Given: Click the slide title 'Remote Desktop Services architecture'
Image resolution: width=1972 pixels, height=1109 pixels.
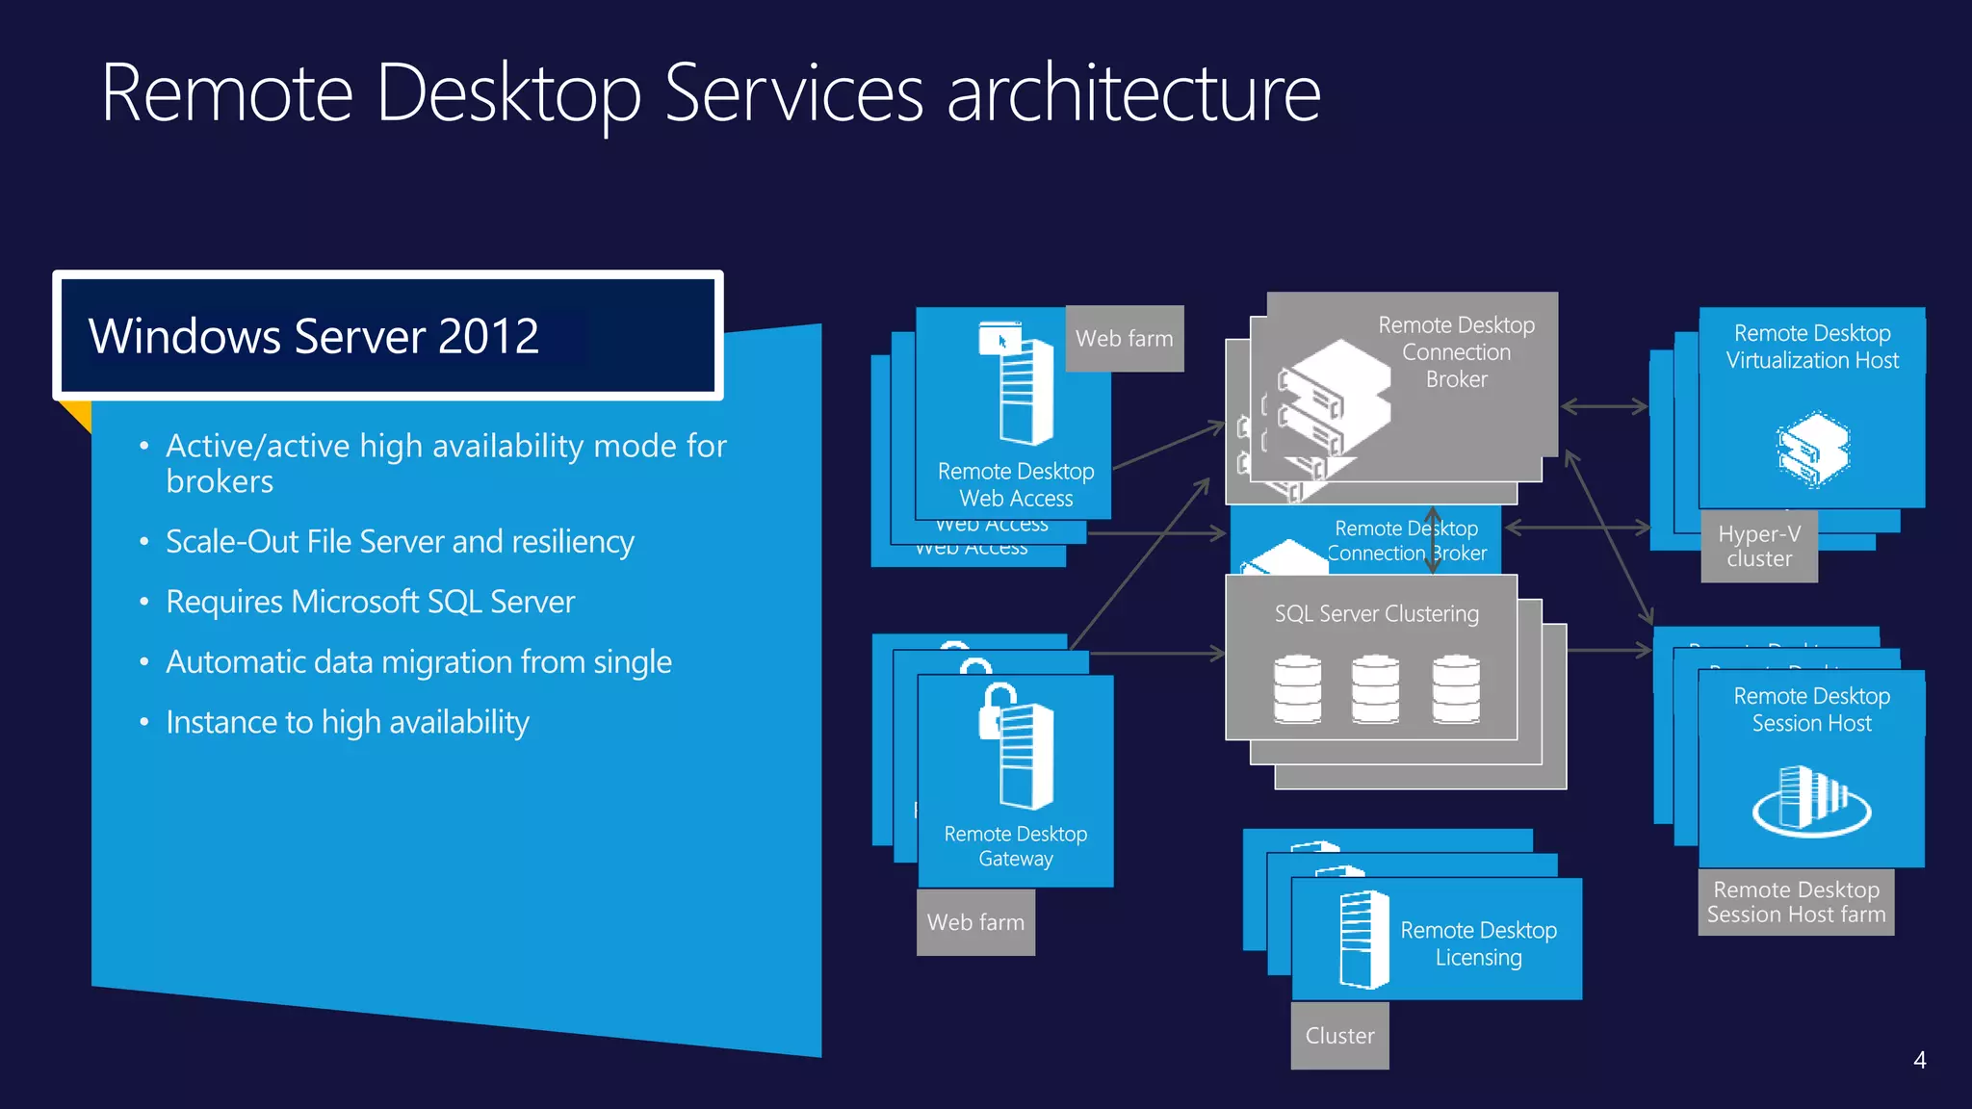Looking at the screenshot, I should [x=711, y=93].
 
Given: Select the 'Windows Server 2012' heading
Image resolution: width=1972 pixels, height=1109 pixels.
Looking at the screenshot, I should [x=314, y=336].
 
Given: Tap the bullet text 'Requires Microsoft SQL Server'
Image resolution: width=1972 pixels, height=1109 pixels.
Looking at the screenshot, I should [x=370, y=602].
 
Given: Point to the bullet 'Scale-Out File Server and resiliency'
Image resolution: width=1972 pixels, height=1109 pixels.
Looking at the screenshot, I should [x=400, y=542].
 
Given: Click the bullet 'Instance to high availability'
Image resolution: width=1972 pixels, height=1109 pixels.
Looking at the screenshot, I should [x=348, y=722].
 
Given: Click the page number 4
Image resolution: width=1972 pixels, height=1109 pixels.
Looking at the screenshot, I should [x=1919, y=1060].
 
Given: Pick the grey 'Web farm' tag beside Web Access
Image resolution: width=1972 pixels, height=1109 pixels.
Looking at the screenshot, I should [x=1124, y=339].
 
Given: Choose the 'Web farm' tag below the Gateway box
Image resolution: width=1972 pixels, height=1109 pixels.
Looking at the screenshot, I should [x=975, y=922].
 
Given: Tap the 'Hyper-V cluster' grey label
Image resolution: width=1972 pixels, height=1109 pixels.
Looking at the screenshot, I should [x=1759, y=547].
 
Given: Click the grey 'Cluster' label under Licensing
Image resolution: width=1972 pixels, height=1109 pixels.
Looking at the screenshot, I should [x=1339, y=1036].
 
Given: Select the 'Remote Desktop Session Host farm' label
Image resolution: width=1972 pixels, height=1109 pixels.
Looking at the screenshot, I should [x=1796, y=902].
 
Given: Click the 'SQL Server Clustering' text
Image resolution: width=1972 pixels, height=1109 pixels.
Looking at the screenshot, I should [x=1376, y=614].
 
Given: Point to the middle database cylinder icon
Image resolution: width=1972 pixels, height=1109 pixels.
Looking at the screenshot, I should [x=1375, y=688].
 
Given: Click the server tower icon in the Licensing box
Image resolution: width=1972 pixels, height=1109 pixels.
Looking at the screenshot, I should [x=1363, y=940].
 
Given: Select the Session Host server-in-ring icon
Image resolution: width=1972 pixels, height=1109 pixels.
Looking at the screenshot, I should [x=1811, y=799].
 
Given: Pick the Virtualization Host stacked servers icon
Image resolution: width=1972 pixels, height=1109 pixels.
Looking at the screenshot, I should [x=1812, y=450].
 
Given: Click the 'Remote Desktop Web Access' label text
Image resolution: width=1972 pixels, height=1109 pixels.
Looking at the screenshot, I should [x=1016, y=484].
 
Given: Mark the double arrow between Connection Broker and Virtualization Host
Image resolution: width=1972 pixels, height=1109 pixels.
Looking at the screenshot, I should [x=1604, y=406].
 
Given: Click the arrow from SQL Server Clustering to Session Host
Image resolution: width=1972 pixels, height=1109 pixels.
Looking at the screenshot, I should [x=1609, y=651].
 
